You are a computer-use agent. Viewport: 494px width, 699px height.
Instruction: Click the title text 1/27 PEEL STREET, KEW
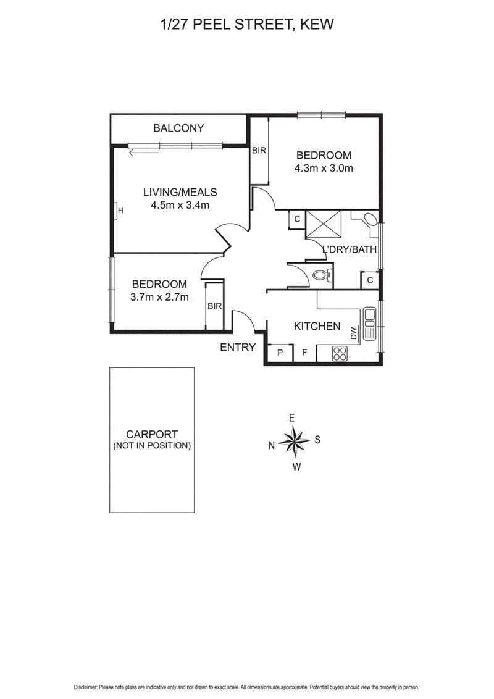(x=246, y=25)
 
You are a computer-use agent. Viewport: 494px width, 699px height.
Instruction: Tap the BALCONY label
(x=178, y=128)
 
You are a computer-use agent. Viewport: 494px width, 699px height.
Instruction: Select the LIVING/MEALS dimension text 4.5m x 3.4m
(x=180, y=205)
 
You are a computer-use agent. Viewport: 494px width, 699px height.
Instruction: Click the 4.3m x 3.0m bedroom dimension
(x=324, y=169)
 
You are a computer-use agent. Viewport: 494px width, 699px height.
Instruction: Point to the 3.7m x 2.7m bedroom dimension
(x=159, y=297)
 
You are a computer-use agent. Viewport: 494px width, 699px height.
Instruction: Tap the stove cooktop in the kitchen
(x=340, y=353)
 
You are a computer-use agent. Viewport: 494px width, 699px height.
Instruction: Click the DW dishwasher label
(x=354, y=333)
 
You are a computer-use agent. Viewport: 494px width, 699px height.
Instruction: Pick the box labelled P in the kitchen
(x=280, y=353)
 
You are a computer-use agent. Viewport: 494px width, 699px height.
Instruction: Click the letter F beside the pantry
(x=304, y=353)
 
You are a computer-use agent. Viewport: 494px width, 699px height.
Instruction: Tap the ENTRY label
(x=238, y=348)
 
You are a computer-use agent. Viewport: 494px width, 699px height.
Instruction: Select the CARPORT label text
(x=152, y=434)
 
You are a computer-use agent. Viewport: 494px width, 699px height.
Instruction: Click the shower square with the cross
(x=325, y=224)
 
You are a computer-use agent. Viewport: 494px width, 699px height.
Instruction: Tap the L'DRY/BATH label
(x=350, y=250)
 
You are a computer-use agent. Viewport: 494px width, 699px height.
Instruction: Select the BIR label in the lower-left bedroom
(x=215, y=306)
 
